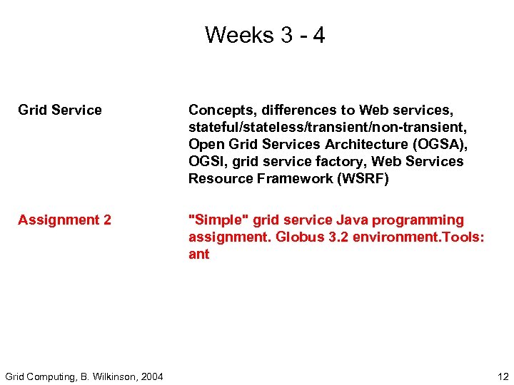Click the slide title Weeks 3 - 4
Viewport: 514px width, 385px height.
(x=265, y=35)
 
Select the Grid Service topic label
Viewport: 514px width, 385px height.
(x=60, y=110)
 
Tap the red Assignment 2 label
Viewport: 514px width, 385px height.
(x=64, y=220)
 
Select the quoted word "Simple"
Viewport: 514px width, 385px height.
(x=213, y=220)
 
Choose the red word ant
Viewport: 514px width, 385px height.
(x=199, y=255)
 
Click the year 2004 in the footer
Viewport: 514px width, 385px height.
(x=151, y=376)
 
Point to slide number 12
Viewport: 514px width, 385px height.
(x=503, y=376)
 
